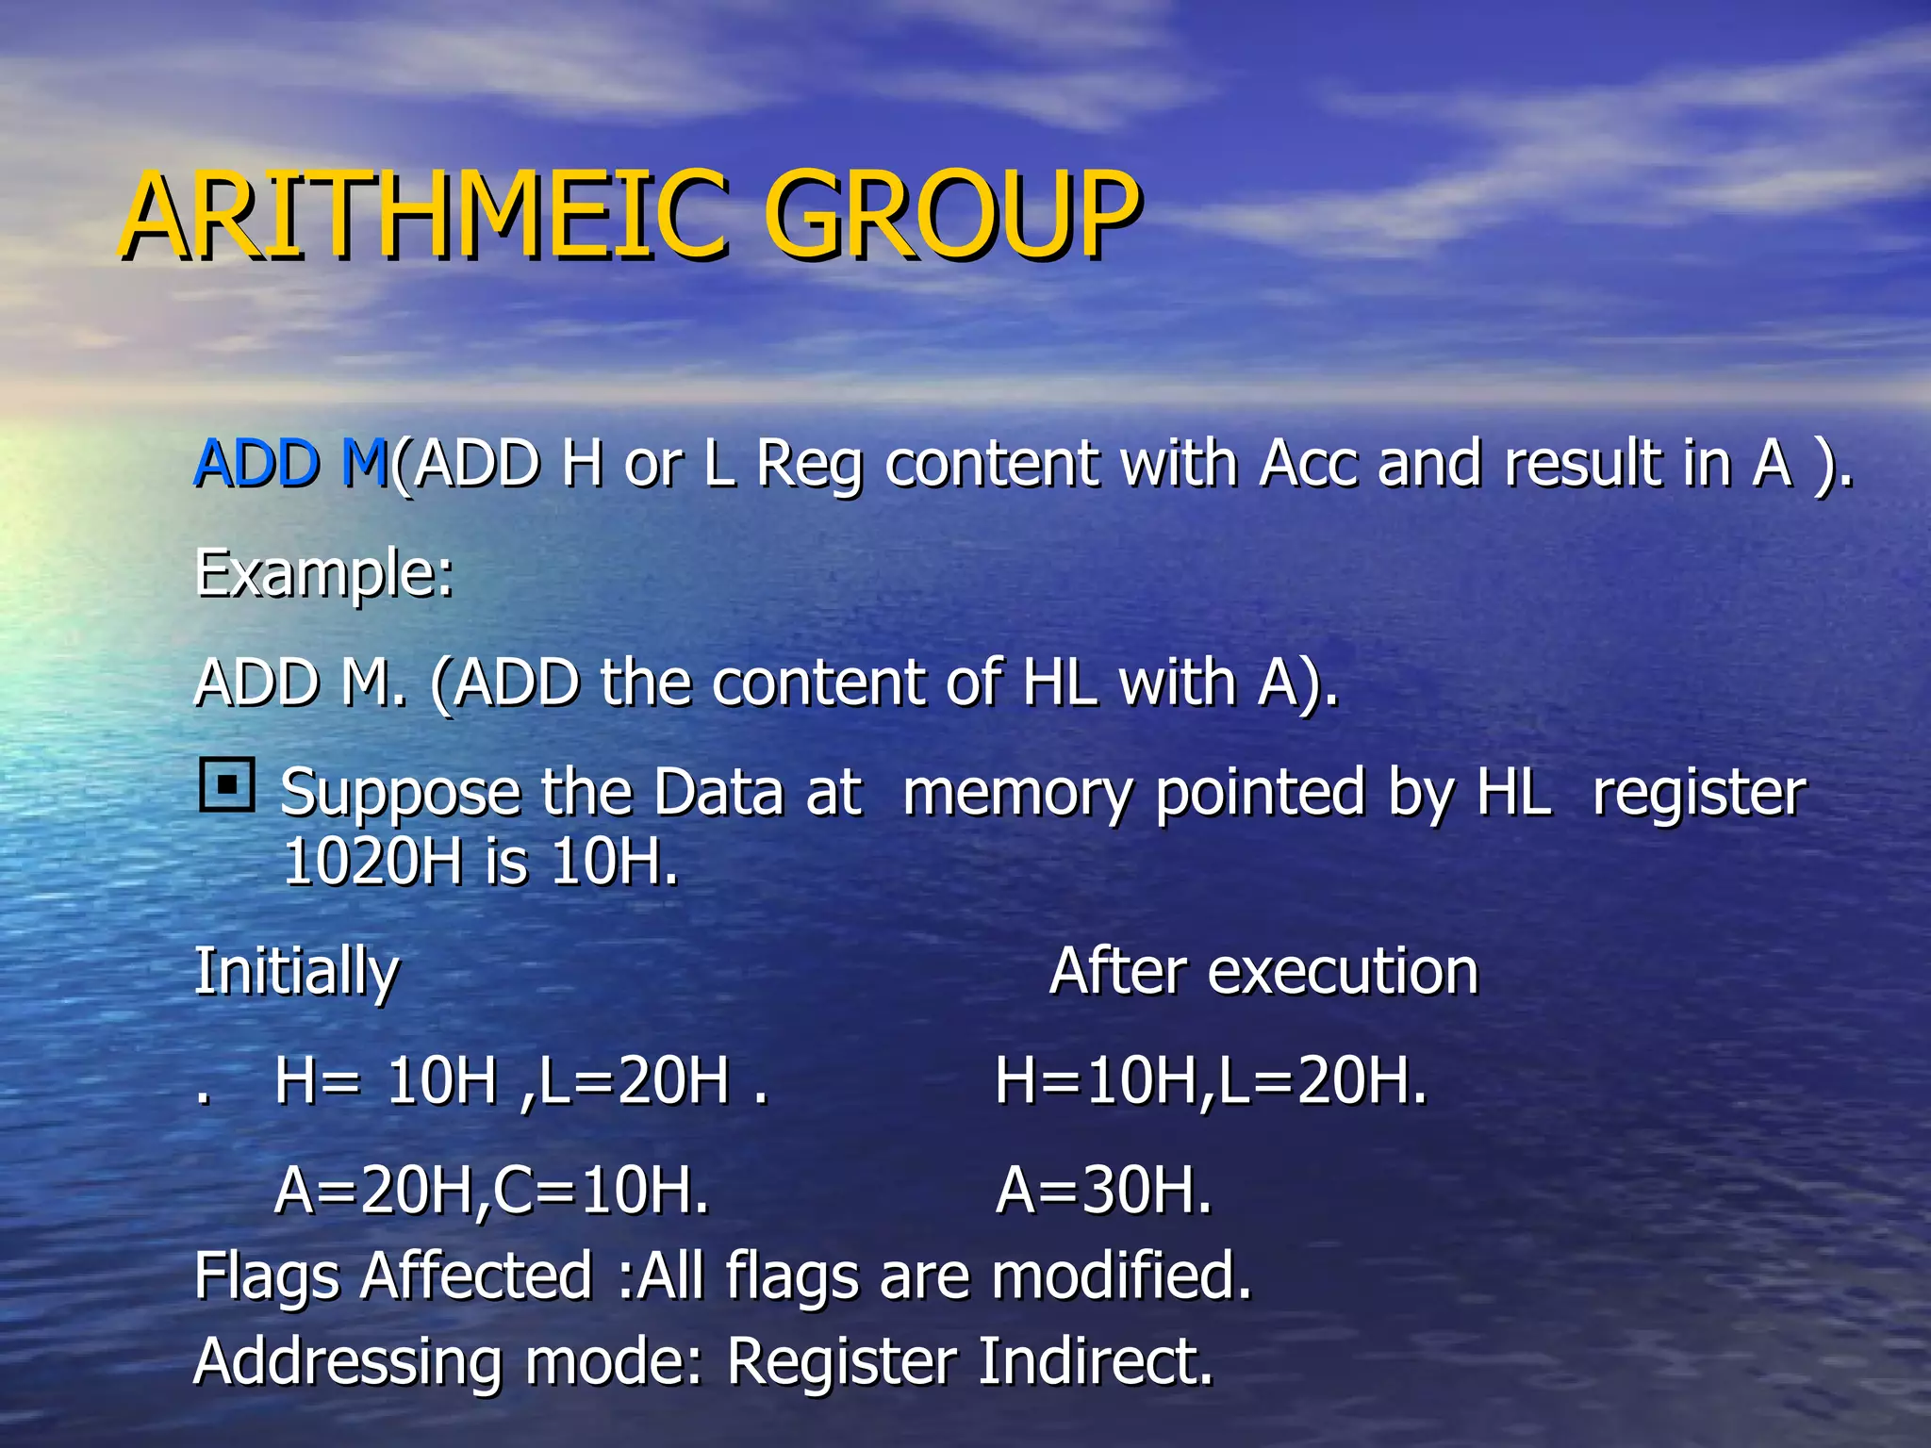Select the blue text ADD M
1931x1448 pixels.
pyautogui.click(x=290, y=464)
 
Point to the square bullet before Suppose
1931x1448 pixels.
pyautogui.click(x=227, y=784)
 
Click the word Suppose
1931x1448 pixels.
pyautogui.click(x=400, y=794)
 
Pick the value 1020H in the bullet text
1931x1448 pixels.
pyautogui.click(x=373, y=862)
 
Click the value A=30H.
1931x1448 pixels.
pyautogui.click(x=1103, y=1190)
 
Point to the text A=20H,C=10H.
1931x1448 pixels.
pyautogui.click(x=491, y=1190)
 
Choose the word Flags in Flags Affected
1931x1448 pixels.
pyautogui.click(x=267, y=1276)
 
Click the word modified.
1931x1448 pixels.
pyautogui.click(x=1122, y=1276)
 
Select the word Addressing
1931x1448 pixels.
pyautogui.click(x=347, y=1363)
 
